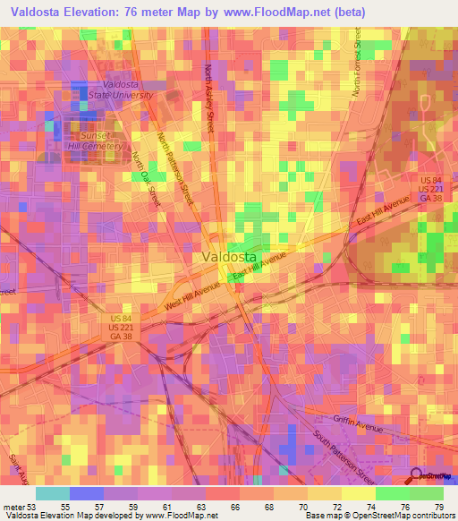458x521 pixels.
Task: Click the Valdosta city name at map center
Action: tap(230, 256)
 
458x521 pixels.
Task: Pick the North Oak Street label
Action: tap(145, 179)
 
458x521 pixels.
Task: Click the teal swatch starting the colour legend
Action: tap(52, 492)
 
